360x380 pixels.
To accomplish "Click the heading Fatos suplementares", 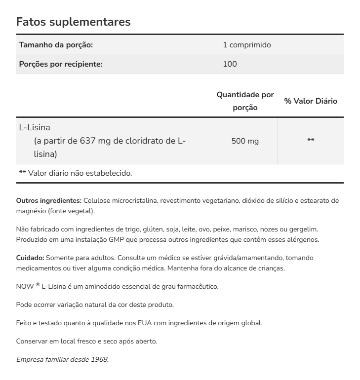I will [x=73, y=22].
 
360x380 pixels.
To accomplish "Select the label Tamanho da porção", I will [x=56, y=45].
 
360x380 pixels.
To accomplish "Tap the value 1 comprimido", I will [x=247, y=45].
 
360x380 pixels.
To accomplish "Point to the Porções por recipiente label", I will [x=61, y=64].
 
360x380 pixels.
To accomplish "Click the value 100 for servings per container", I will [x=230, y=64].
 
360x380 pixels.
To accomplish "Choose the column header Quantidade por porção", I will [x=245, y=101].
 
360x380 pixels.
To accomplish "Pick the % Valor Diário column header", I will [x=311, y=101].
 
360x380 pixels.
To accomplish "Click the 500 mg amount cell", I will [x=245, y=141].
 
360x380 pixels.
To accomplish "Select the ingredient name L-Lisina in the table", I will [x=35, y=127].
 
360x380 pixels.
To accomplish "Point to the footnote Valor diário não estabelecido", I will [x=80, y=173].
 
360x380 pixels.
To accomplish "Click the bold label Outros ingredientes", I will [x=49, y=201].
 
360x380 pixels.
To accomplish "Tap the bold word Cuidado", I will [x=30, y=258].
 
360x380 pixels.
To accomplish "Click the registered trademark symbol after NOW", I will [x=38, y=285].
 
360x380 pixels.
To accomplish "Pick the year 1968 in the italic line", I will [x=99, y=359].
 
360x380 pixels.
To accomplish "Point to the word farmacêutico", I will [x=197, y=286].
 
